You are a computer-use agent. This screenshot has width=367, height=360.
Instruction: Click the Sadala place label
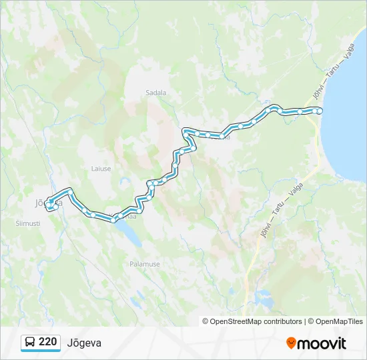(x=155, y=93)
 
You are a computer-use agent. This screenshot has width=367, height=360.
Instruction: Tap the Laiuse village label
(x=101, y=169)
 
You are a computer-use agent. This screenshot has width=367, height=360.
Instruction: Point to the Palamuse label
(x=145, y=264)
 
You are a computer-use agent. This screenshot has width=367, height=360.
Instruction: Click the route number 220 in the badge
(x=47, y=342)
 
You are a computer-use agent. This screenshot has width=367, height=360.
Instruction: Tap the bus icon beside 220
(x=31, y=342)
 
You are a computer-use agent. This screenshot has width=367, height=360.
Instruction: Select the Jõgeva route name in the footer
(x=84, y=343)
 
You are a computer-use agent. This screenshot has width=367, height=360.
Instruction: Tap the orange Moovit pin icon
(x=291, y=343)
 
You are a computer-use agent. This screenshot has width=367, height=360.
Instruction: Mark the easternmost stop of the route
(x=319, y=111)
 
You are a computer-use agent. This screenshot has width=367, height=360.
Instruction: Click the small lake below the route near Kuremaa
(x=129, y=231)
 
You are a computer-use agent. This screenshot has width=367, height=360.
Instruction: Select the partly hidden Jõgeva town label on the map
(x=40, y=201)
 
